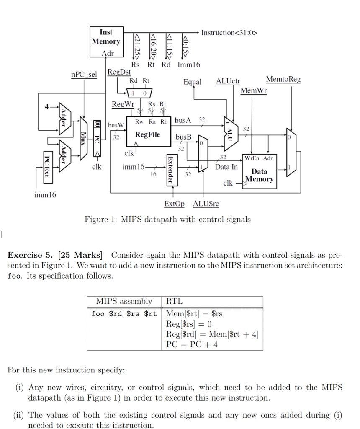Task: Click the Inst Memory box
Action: click(x=106, y=41)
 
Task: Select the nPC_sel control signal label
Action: click(x=84, y=75)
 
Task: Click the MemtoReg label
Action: click(x=283, y=79)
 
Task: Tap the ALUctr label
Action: click(x=228, y=81)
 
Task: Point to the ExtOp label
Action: click(x=174, y=204)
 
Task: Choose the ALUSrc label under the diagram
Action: click(x=206, y=204)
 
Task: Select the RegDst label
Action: click(x=119, y=72)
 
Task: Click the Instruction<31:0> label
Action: click(x=229, y=33)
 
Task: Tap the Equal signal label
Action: click(x=192, y=82)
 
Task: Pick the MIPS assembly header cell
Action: click(x=124, y=302)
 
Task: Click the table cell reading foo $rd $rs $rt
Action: click(x=124, y=314)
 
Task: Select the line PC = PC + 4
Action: click(x=192, y=345)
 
